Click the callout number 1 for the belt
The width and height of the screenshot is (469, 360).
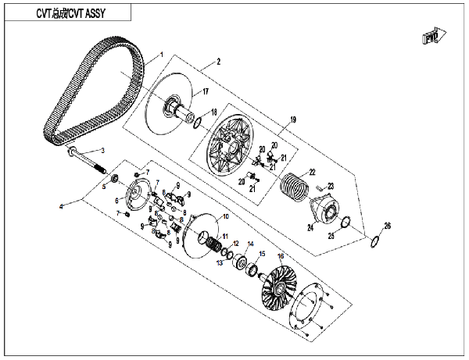tap(162, 55)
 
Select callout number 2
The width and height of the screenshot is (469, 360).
tap(219, 62)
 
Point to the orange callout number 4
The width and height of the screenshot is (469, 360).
tap(59, 206)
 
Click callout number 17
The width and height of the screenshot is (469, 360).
tap(206, 92)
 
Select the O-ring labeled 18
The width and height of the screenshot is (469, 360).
tap(199, 122)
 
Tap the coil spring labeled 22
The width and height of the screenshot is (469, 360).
tap(295, 188)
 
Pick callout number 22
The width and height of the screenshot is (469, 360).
tap(311, 172)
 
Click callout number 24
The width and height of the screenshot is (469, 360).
tap(310, 228)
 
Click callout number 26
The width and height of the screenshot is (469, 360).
tap(387, 226)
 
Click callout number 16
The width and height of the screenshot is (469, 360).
tap(281, 256)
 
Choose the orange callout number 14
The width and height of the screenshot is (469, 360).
tap(250, 244)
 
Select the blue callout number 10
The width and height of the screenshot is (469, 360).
tap(227, 216)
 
